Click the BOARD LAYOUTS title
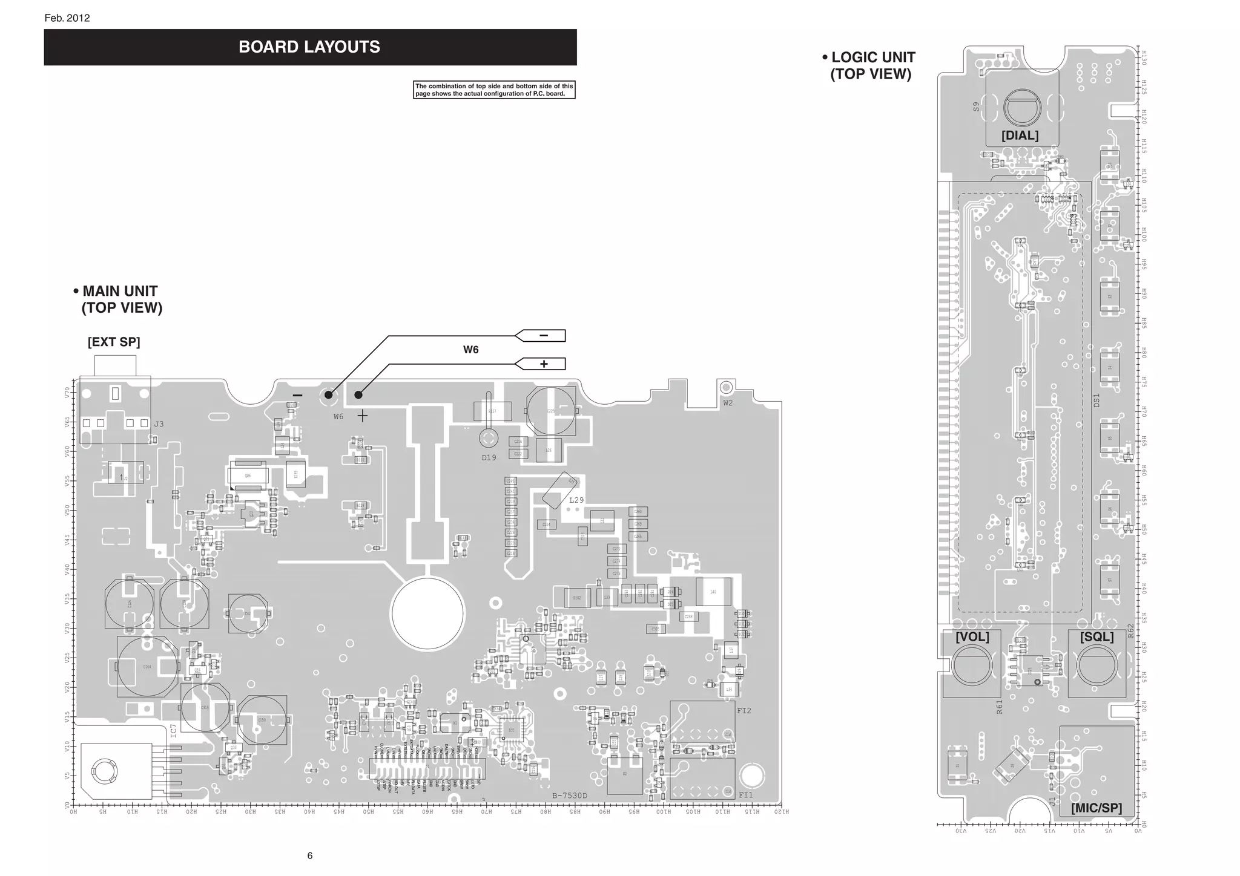click(309, 47)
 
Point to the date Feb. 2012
click(67, 18)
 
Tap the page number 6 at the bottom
click(310, 855)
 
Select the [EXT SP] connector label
click(114, 342)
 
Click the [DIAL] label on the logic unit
click(1020, 136)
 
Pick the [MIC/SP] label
click(1096, 808)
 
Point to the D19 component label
click(489, 458)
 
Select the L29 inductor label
click(576, 500)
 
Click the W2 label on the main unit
click(727, 403)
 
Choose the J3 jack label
click(159, 424)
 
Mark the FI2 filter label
click(744, 711)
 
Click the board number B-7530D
click(570, 796)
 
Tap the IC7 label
click(174, 731)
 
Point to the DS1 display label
click(1096, 400)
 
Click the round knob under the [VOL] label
click(972, 665)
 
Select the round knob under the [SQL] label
click(1097, 665)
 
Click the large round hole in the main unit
click(427, 613)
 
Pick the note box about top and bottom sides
click(494, 90)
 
